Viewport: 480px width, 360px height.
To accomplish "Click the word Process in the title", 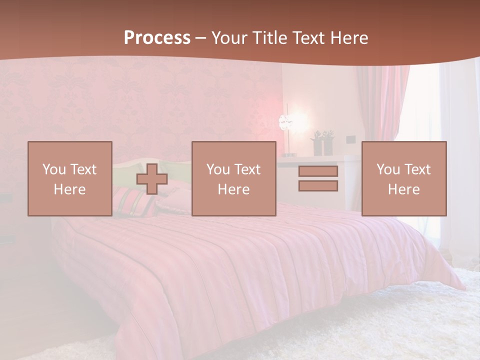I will point(157,38).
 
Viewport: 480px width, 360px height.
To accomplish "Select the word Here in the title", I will point(349,38).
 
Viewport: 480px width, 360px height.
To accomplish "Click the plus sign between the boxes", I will point(152,179).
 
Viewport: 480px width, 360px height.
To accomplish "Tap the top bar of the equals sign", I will point(318,171).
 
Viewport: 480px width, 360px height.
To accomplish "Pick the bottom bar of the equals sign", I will point(318,186).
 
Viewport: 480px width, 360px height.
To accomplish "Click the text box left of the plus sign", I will point(70,179).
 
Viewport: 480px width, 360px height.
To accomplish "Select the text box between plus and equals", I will point(234,179).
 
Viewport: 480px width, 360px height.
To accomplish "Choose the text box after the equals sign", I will point(404,179).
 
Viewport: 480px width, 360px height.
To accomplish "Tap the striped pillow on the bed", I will point(134,203).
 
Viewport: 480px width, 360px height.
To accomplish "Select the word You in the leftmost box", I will point(53,169).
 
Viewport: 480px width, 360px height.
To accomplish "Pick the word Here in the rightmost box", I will point(404,189).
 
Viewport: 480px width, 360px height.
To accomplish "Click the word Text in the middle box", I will point(247,169).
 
